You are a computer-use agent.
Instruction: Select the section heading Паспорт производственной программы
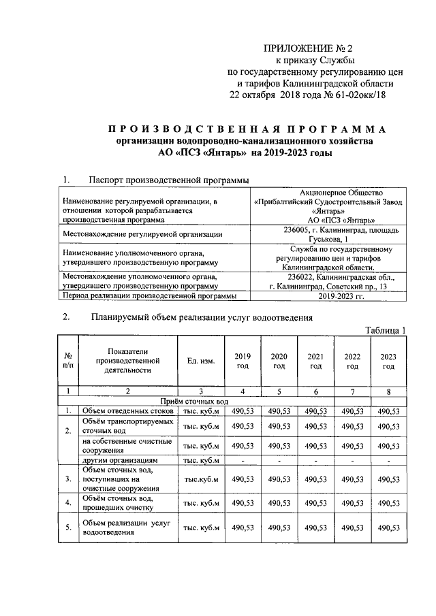click(168, 180)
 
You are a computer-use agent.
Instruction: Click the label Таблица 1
click(386, 330)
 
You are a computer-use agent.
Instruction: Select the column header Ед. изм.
click(200, 361)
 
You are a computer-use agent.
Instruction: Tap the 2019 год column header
click(243, 361)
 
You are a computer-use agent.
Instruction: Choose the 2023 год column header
click(388, 361)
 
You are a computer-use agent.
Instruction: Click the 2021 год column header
click(315, 361)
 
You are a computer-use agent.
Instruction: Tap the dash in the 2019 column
click(243, 461)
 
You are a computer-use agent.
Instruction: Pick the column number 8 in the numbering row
click(388, 391)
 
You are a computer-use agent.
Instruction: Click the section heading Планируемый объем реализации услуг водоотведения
click(201, 317)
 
